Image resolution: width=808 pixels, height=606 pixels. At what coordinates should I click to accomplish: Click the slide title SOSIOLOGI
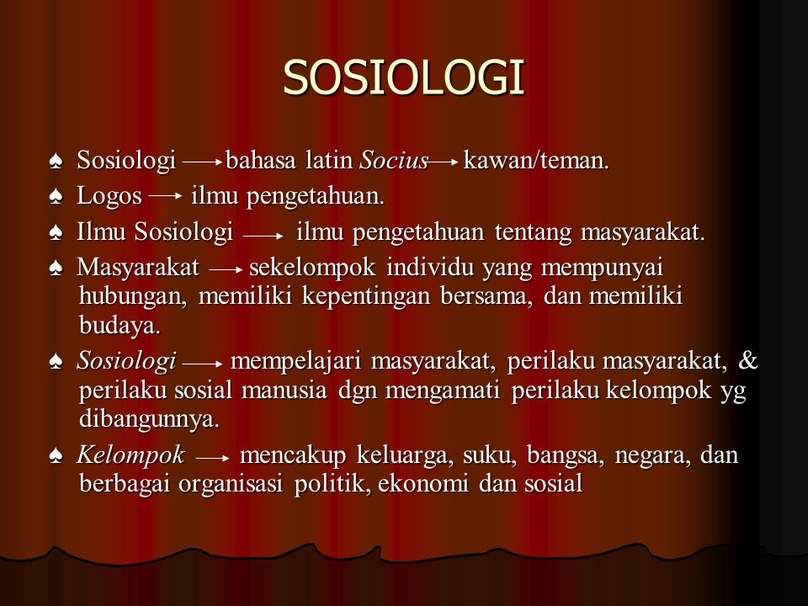click(403, 77)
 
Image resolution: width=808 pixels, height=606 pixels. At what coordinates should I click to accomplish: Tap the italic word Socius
click(394, 160)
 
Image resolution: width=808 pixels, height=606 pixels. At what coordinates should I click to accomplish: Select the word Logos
click(109, 196)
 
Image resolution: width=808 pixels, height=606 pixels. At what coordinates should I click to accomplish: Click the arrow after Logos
click(166, 196)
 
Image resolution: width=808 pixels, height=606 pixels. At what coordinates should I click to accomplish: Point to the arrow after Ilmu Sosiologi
click(263, 237)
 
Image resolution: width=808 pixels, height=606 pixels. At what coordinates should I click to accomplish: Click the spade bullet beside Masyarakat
click(56, 268)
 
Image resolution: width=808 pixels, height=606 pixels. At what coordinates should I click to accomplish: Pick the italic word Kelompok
click(130, 455)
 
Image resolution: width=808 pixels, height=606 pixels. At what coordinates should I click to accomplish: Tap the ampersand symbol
click(747, 360)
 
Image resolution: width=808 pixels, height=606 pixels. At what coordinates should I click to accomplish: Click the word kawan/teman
click(536, 160)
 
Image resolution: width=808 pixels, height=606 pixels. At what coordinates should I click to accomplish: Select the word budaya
click(120, 325)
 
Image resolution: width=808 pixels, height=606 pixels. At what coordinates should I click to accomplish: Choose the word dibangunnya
click(149, 419)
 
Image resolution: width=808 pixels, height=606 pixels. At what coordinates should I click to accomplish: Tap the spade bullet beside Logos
click(56, 196)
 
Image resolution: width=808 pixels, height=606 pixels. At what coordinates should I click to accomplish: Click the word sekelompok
click(312, 268)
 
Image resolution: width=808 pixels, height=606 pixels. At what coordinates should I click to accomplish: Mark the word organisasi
click(231, 484)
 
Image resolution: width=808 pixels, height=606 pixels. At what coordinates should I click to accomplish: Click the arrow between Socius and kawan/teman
click(443, 162)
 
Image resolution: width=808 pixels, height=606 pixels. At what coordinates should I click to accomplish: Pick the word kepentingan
click(366, 297)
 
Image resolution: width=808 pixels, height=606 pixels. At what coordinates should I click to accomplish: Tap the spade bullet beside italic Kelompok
click(56, 455)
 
